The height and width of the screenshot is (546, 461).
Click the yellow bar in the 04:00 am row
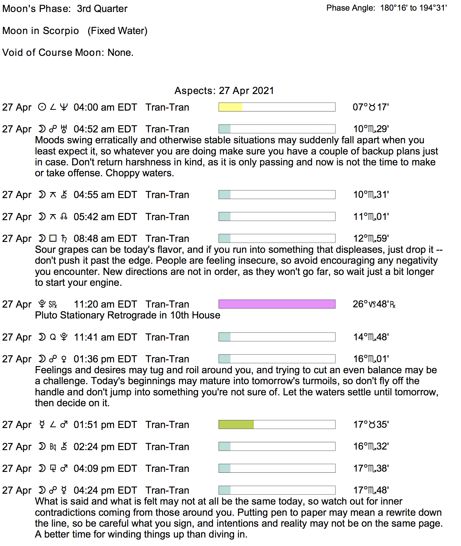click(230, 107)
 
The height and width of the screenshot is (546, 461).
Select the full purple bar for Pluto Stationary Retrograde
click(277, 304)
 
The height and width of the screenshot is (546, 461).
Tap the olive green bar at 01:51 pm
click(236, 424)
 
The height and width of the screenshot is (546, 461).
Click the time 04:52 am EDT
click(105, 129)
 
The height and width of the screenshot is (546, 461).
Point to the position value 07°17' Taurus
click(370, 107)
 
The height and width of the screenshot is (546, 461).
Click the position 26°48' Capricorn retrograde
click(374, 304)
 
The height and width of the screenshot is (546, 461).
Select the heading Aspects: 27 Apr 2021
click(224, 90)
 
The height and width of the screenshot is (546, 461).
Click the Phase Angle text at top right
click(386, 8)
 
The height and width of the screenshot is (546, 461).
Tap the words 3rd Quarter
click(102, 9)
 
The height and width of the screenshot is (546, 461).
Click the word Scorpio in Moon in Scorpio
click(61, 31)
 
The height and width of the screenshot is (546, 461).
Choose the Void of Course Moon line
click(68, 52)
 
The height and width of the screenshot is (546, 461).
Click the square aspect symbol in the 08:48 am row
click(53, 238)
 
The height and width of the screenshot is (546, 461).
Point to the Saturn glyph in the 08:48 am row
click(64, 238)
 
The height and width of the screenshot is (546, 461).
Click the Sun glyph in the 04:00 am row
click(42, 107)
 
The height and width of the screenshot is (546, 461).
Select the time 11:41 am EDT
click(105, 337)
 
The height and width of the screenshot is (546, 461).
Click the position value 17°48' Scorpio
click(371, 490)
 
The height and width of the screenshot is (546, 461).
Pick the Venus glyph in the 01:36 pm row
click(64, 359)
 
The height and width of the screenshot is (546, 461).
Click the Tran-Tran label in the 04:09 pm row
click(167, 469)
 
